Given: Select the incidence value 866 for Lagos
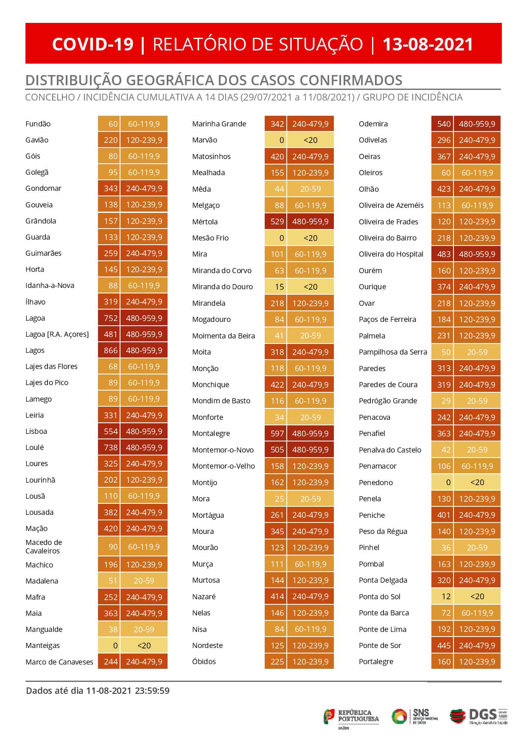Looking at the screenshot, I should (109, 350).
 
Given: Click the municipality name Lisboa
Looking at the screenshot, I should (36, 431).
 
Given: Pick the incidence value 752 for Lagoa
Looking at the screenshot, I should (109, 318).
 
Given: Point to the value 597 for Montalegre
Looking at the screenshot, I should (276, 433).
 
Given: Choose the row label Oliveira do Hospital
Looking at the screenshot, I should (391, 254).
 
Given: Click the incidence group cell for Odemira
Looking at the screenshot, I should (477, 124).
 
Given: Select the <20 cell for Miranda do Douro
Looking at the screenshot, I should (310, 287).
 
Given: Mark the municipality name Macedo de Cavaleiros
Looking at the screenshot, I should (44, 546).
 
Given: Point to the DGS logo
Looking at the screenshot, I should (479, 717).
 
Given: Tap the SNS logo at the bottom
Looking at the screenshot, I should (414, 717).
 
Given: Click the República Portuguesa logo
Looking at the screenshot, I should (351, 717).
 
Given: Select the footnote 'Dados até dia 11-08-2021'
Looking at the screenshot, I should (98, 691).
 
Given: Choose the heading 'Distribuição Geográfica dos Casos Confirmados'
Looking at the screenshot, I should (214, 80).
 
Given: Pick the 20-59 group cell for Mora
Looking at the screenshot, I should (310, 499).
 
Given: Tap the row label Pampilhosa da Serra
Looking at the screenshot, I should (393, 352).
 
